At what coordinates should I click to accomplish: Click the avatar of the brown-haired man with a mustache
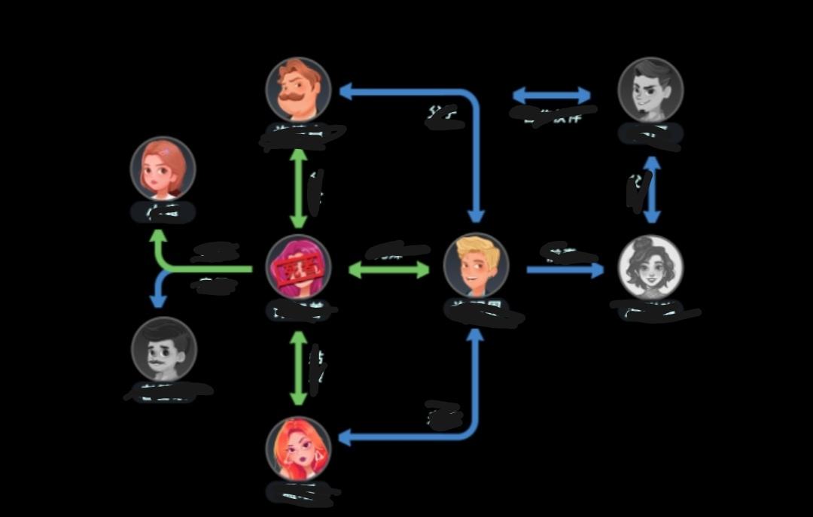[298, 90]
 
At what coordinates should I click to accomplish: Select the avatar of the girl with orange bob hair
[163, 169]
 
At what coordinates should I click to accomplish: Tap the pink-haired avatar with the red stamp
[298, 267]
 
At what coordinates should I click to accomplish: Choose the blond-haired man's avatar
[476, 266]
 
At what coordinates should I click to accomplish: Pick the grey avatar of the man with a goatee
[650, 90]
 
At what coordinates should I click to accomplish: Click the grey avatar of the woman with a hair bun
[650, 267]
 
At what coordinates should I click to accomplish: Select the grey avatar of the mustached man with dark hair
[164, 349]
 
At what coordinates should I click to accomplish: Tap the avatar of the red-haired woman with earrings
[298, 449]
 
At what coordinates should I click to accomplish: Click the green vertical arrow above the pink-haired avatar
[299, 188]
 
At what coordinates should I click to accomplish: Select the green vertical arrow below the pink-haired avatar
[299, 368]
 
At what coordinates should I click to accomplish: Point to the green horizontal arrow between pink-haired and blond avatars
[388, 269]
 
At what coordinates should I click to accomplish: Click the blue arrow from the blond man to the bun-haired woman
[565, 269]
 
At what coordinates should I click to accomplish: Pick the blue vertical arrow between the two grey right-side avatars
[653, 190]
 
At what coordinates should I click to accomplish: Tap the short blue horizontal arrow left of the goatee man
[551, 96]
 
